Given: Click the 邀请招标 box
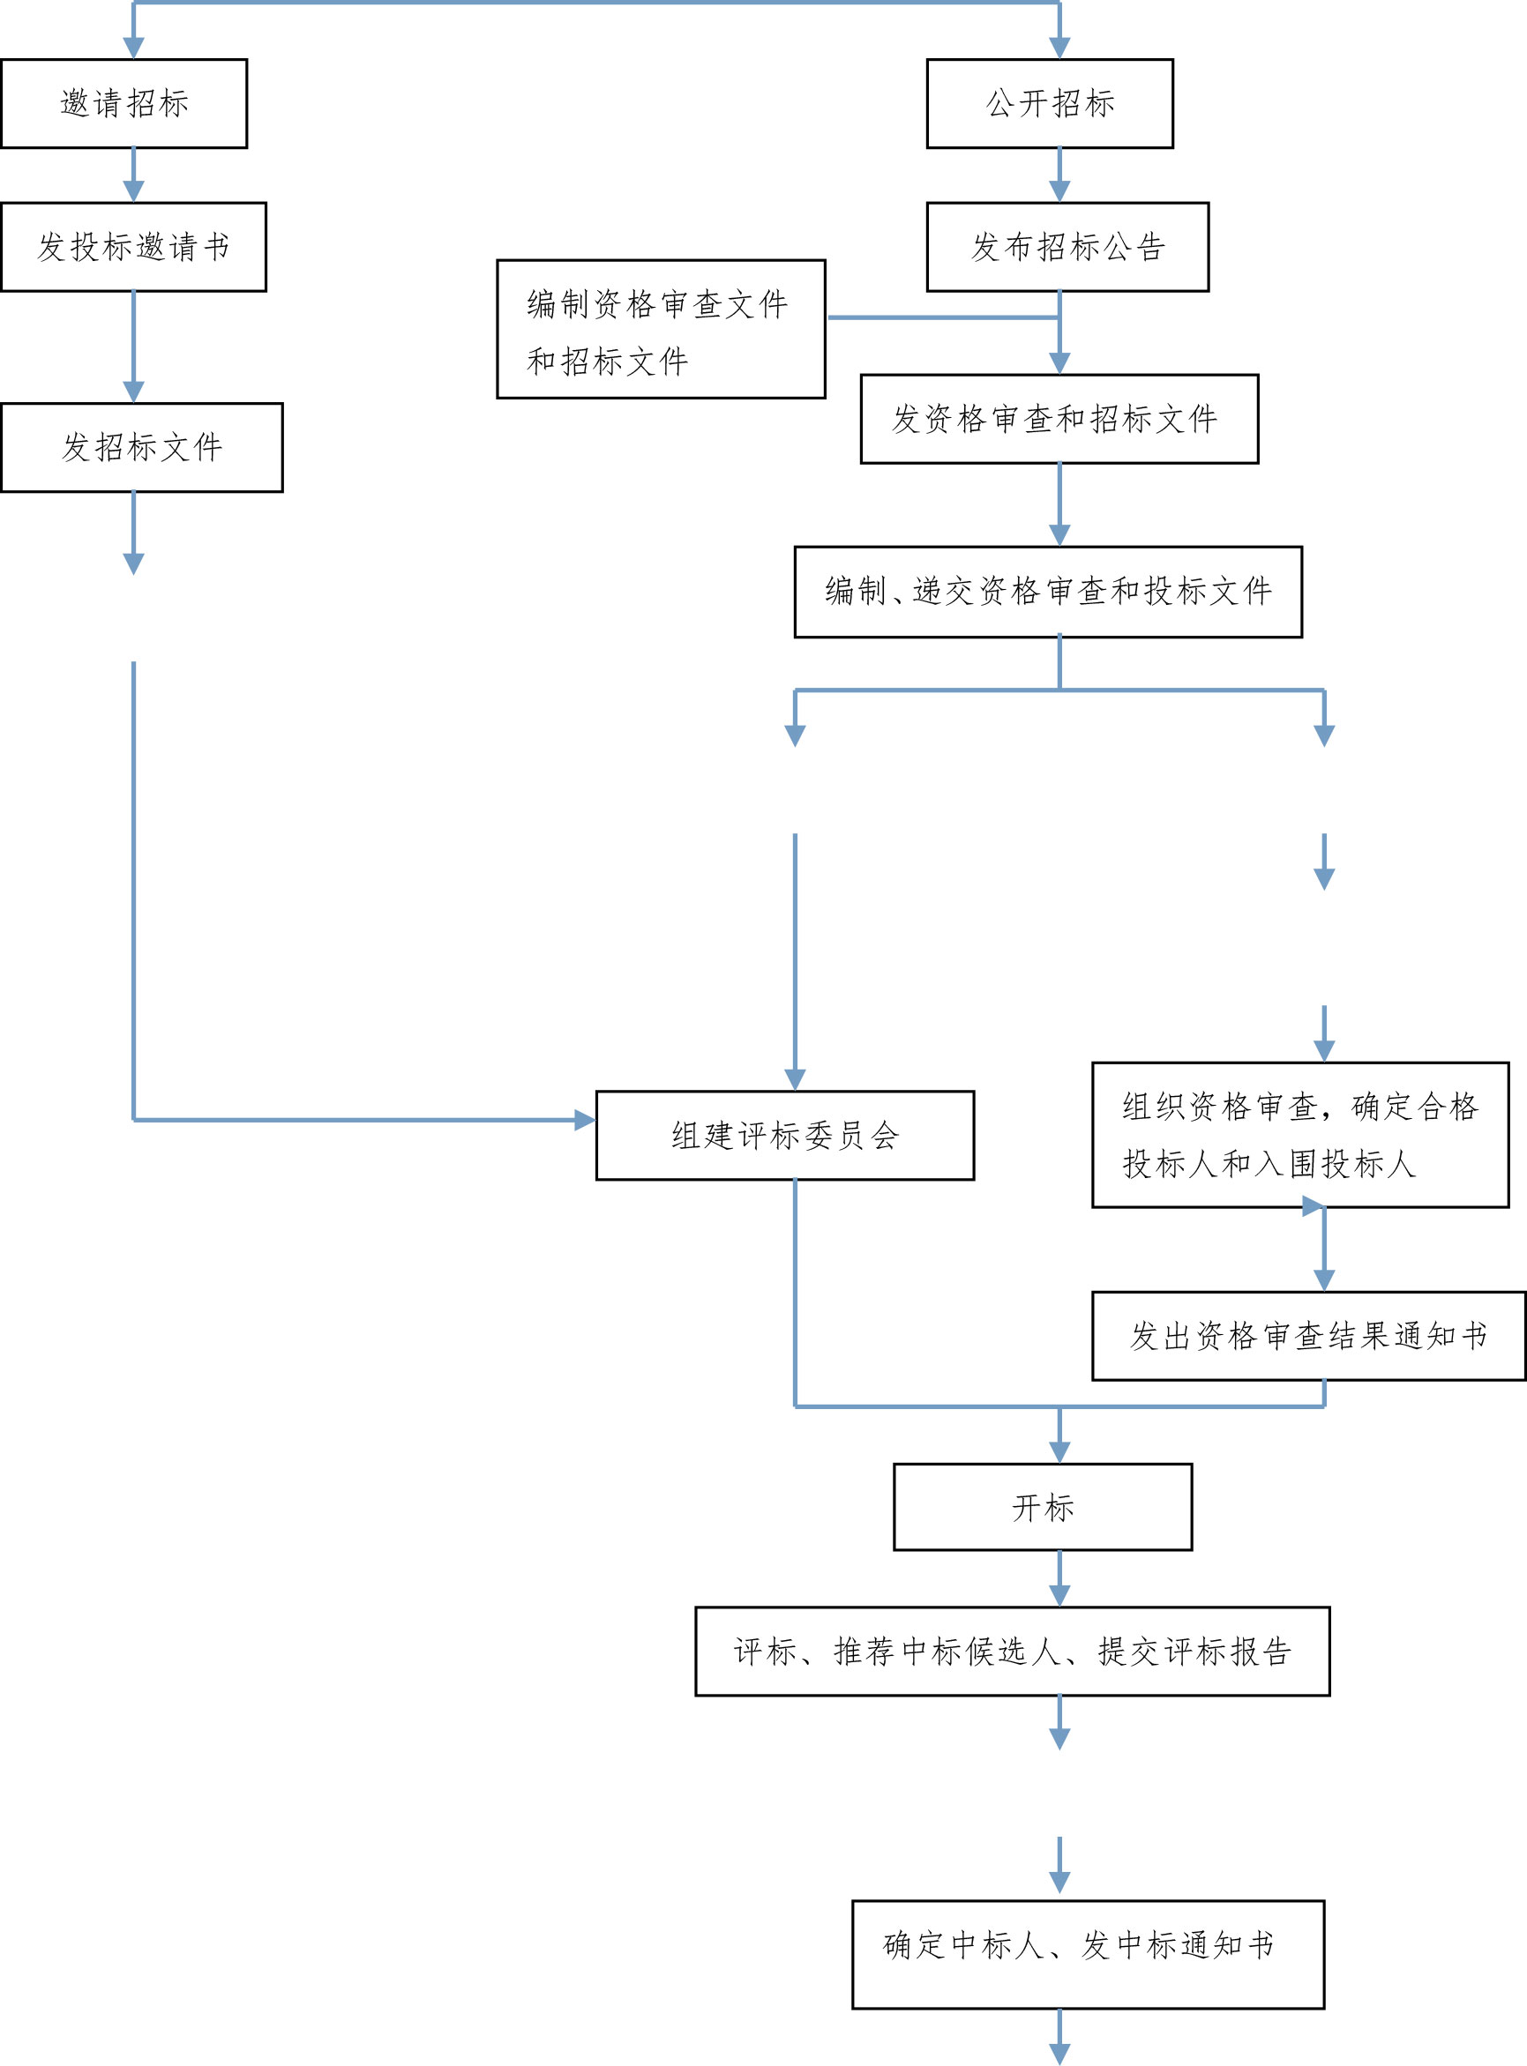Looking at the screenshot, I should [124, 103].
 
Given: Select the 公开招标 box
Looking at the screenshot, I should [1049, 103].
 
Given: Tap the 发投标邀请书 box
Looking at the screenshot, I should [133, 247].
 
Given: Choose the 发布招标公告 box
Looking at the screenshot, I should [1067, 247].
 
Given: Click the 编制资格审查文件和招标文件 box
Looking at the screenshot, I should [660, 329].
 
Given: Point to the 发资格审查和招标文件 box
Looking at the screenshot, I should [1059, 419].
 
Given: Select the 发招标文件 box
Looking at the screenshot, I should [141, 447].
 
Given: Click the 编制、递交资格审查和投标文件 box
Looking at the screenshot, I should [1047, 592].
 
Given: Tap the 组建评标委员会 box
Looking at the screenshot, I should [785, 1135].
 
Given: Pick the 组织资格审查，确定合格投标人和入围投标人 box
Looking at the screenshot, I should [1299, 1135].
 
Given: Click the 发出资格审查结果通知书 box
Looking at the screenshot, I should [1308, 1335].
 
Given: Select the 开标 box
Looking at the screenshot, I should [1042, 1507].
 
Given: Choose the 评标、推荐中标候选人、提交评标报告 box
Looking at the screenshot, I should [1012, 1652].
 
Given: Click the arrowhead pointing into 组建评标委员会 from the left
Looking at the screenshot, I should [584, 1120].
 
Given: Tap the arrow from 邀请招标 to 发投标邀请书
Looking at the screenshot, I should [134, 175].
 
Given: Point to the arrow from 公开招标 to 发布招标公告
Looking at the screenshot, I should [1059, 175].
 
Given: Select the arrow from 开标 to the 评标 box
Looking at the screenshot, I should [1059, 1579].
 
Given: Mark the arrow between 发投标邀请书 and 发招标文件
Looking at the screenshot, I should [134, 347].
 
